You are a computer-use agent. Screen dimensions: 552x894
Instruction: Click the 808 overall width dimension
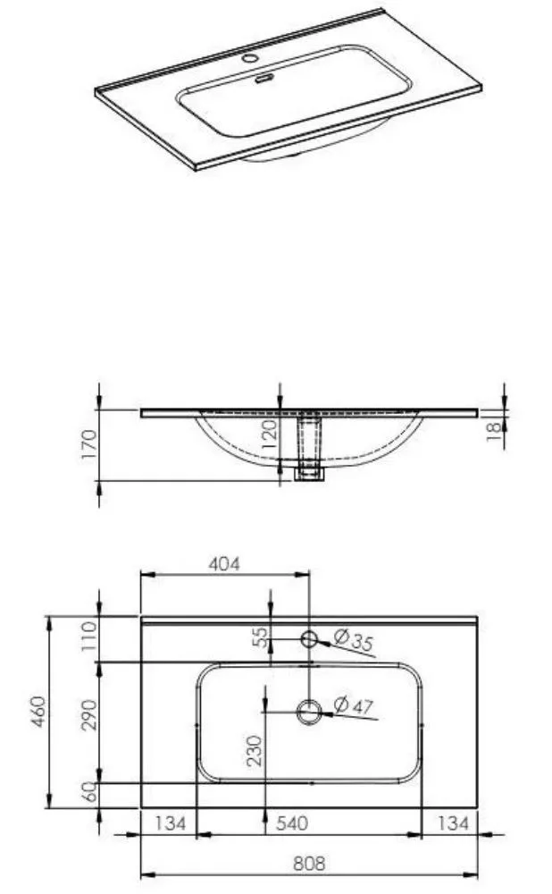click(x=309, y=864)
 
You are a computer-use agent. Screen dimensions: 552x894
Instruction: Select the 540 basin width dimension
click(x=292, y=823)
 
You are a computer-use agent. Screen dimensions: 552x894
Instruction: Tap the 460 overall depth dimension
click(x=38, y=711)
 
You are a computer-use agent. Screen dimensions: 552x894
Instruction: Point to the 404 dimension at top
click(x=224, y=564)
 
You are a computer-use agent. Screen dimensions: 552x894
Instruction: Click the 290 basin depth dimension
click(x=89, y=714)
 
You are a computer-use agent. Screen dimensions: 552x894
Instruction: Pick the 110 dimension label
click(x=89, y=637)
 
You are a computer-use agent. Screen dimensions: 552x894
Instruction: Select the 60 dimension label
click(x=89, y=791)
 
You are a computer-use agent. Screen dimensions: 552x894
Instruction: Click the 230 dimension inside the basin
click(x=254, y=750)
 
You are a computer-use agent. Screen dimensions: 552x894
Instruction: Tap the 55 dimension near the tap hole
click(x=259, y=637)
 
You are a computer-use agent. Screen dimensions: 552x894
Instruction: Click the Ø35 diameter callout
click(x=354, y=640)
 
